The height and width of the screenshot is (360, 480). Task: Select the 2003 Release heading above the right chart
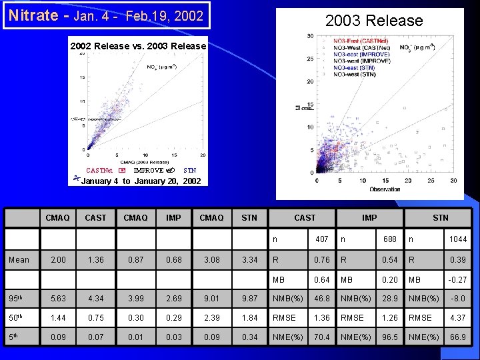pos(373,21)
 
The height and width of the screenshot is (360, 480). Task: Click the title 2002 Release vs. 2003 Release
pos(139,46)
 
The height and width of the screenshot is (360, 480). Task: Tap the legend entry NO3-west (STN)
pos(356,74)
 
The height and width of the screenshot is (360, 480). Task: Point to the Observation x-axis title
pos(385,189)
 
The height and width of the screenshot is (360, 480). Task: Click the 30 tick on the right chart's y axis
pos(311,36)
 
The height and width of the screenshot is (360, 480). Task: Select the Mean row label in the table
pos(19,259)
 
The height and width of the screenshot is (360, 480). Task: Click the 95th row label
pos(17,299)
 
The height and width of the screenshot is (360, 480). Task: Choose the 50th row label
pos(17,319)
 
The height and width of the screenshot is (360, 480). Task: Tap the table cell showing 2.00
pos(58,259)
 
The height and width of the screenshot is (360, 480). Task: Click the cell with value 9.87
pos(249,299)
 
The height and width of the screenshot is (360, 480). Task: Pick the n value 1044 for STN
pos(458,239)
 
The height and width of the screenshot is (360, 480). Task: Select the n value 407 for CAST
pos(321,239)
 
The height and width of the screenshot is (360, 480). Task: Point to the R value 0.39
pos(458,259)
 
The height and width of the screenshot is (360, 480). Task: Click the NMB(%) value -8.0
pos(458,299)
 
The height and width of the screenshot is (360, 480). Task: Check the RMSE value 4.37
pos(458,319)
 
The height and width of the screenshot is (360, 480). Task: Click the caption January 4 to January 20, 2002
pos(141,181)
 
